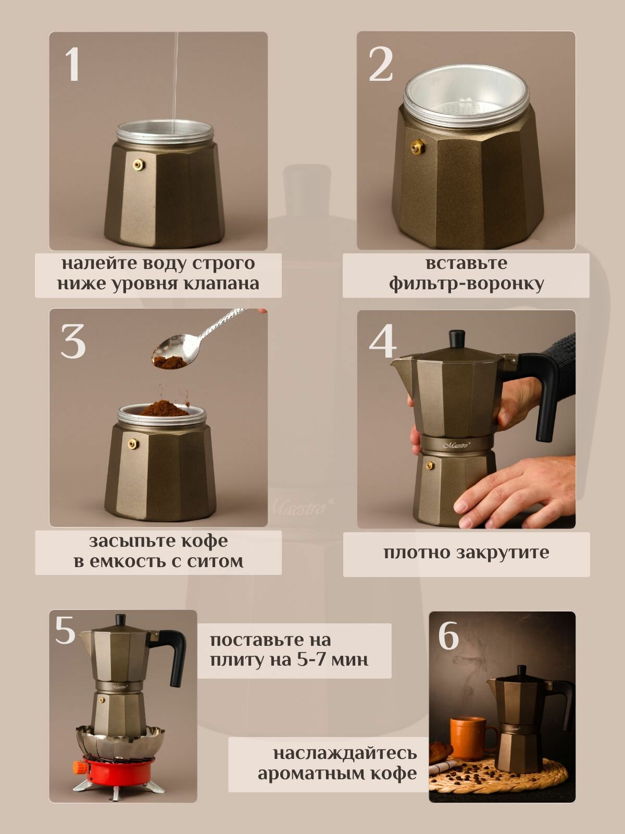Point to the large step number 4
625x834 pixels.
tap(382, 341)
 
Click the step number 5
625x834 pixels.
tap(65, 630)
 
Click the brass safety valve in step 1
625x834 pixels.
tap(138, 164)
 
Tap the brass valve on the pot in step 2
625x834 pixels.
tap(417, 146)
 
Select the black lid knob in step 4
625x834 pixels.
tap(457, 339)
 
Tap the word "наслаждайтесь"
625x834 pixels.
tap(345, 753)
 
